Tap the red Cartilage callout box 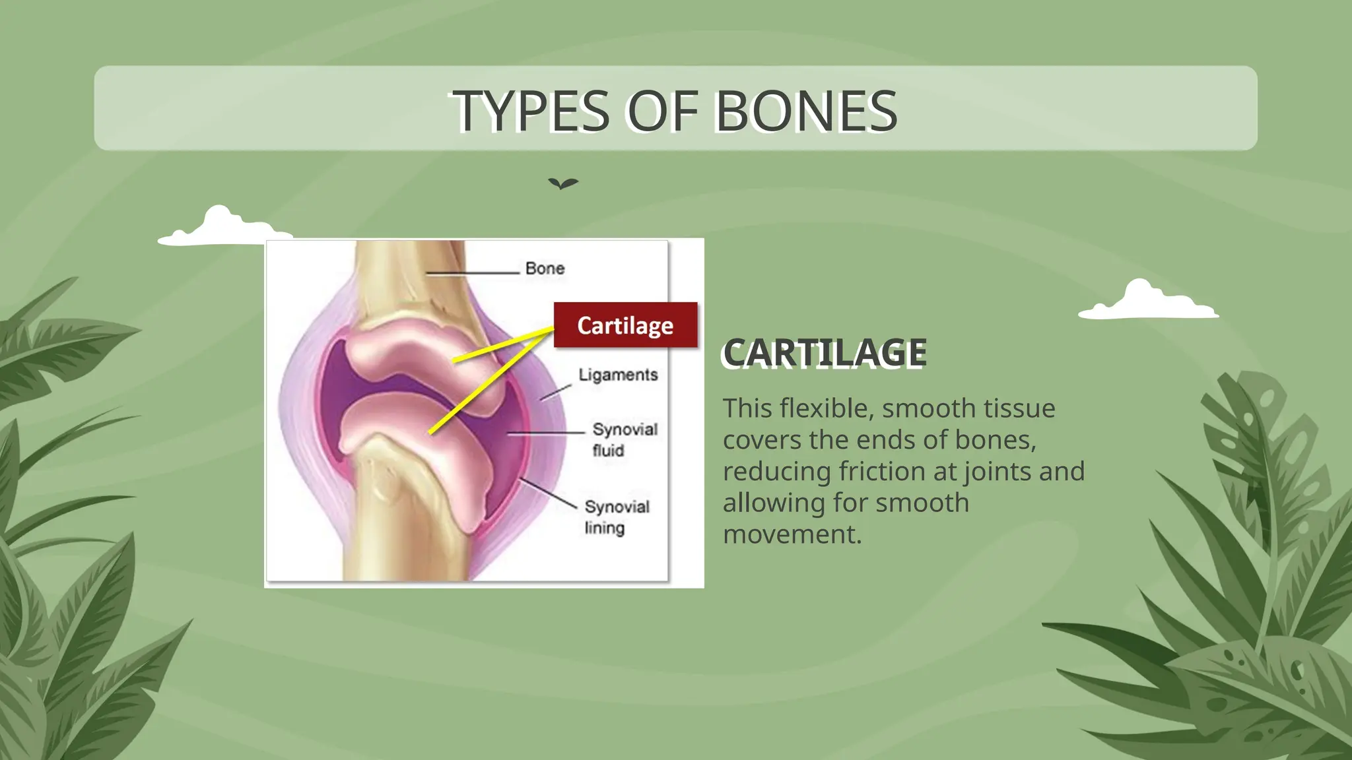tap(625, 325)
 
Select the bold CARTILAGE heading tap(825, 353)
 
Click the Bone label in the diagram tap(545, 269)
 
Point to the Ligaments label tap(618, 375)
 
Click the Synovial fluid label tap(624, 439)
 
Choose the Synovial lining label tap(616, 517)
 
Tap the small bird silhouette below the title tap(563, 183)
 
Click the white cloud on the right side tap(1147, 301)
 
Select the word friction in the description tap(883, 471)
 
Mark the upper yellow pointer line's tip tap(455, 360)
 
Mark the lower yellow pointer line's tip tap(430, 433)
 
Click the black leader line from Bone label tap(472, 272)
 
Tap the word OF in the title tap(662, 111)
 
